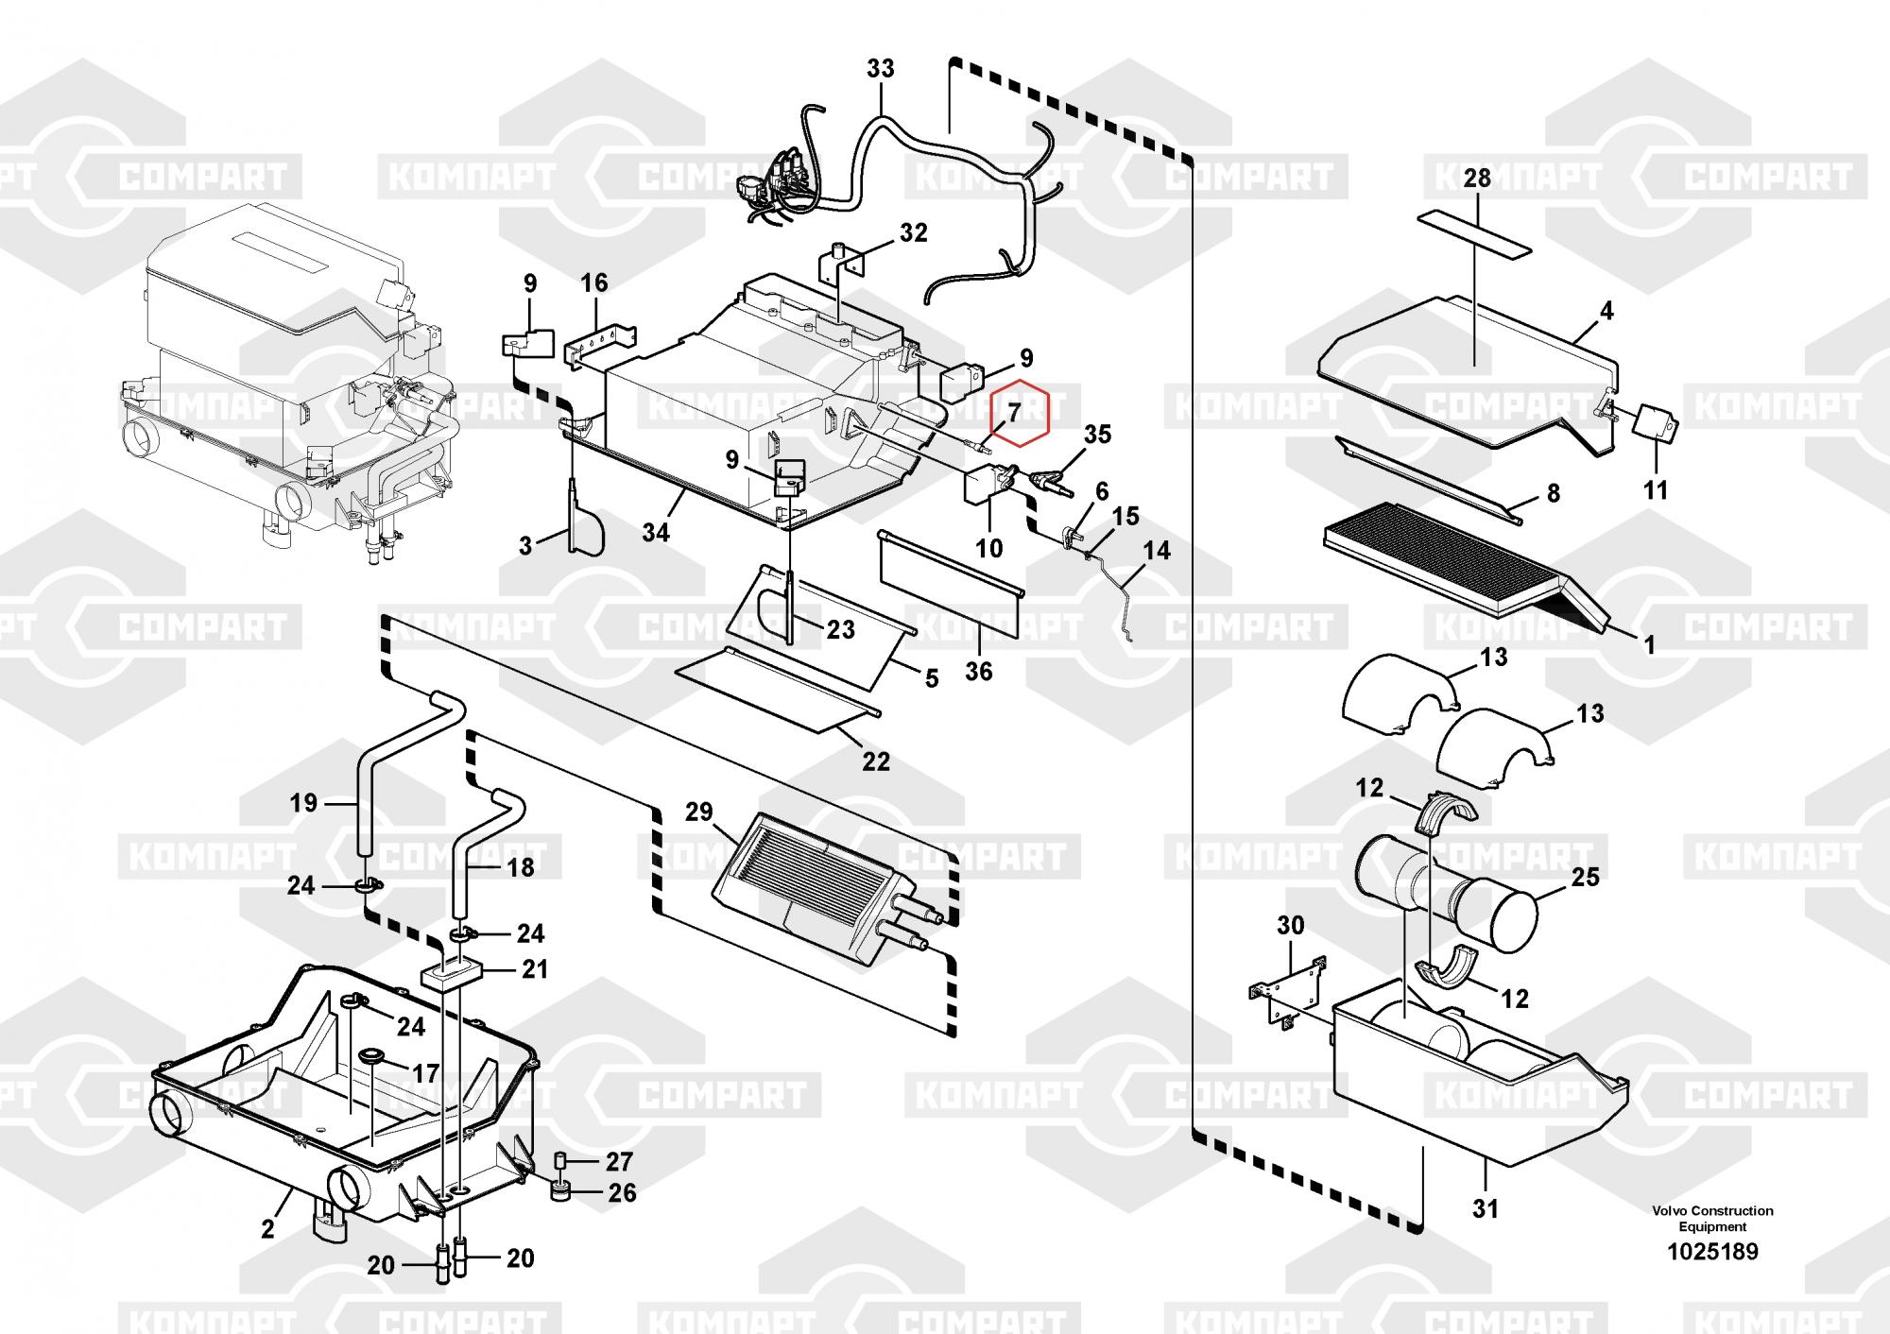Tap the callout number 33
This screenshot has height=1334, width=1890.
[880, 69]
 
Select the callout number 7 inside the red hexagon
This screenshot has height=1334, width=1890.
[1013, 412]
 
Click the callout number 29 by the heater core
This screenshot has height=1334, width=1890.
[699, 812]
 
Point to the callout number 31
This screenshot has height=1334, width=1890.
[1486, 1207]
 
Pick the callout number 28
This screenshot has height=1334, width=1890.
[1477, 178]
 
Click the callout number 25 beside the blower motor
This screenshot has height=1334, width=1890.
[1585, 877]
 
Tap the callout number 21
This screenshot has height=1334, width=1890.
[535, 969]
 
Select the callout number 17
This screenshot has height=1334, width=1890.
[426, 1074]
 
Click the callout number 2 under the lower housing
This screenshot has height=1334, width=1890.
[267, 1228]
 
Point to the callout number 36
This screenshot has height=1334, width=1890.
[979, 671]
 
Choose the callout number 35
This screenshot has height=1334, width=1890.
[1097, 435]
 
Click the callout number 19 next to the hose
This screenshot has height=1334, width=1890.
[303, 803]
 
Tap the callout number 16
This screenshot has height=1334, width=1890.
[594, 282]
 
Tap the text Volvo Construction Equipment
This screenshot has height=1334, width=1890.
[1712, 1218]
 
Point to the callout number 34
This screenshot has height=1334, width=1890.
[655, 533]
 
